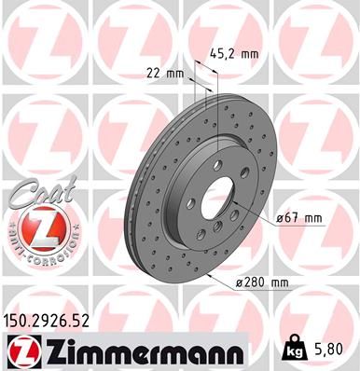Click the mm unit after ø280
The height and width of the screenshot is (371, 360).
(278, 282)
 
